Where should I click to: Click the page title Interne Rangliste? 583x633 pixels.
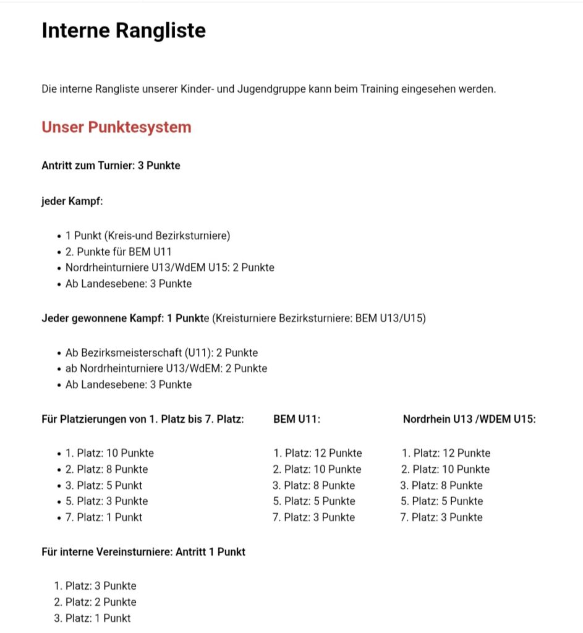click(x=124, y=30)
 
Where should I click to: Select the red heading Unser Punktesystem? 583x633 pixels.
click(x=116, y=127)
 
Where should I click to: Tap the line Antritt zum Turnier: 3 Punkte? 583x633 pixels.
click(x=111, y=166)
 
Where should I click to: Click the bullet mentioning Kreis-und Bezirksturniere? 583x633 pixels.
click(x=148, y=236)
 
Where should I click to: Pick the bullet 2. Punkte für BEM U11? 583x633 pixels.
click(x=118, y=252)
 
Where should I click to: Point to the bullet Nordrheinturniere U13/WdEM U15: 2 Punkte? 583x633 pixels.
click(x=169, y=268)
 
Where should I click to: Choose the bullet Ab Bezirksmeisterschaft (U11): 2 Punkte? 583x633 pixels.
click(x=161, y=352)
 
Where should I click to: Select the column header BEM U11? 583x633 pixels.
click(x=297, y=419)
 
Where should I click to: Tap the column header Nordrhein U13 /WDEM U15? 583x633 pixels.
click(x=469, y=419)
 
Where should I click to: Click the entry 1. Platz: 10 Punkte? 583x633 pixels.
click(x=109, y=453)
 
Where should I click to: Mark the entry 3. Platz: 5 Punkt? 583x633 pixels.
click(x=104, y=485)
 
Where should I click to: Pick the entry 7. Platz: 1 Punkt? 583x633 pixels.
click(x=104, y=517)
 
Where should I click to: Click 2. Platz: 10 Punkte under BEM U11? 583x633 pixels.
click(x=317, y=469)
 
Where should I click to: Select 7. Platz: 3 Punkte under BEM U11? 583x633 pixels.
click(x=314, y=517)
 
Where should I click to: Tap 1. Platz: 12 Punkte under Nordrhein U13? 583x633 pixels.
click(x=446, y=453)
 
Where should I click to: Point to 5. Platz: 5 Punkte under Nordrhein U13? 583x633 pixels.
click(x=441, y=501)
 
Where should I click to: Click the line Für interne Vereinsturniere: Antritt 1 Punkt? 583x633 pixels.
click(x=143, y=551)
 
